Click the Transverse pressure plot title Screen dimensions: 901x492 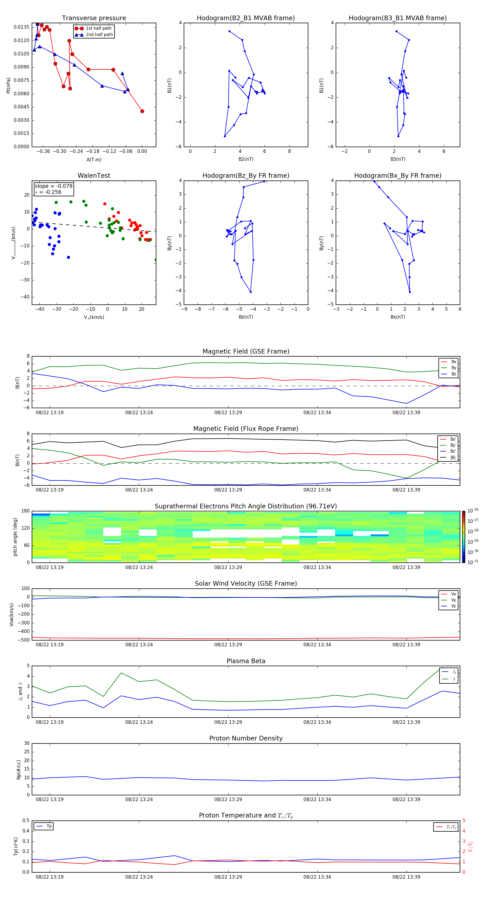[94, 18]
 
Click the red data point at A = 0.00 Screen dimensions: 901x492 [142, 111]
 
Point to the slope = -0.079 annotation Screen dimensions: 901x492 [54, 186]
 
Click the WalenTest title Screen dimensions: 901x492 [94, 176]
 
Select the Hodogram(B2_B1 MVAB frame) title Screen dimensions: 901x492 [246, 18]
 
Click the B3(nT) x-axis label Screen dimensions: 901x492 [398, 159]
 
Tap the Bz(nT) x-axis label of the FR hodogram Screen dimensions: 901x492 [246, 317]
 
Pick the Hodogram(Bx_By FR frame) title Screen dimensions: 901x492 [398, 176]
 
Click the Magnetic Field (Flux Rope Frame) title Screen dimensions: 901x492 [246, 429]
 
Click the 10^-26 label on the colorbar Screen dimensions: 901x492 [473, 511]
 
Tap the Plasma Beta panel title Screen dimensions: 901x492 [246, 661]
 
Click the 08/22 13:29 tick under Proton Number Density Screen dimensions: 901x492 [228, 799]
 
